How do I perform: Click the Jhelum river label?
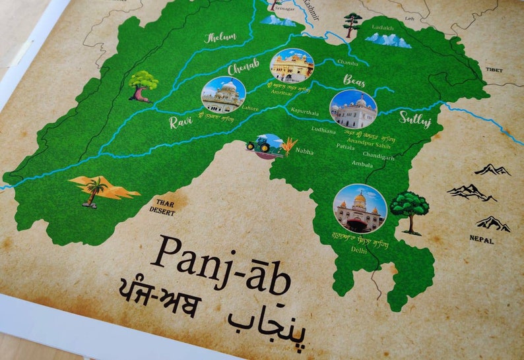coord(220,38)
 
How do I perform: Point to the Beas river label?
coord(354,80)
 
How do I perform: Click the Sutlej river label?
coord(415,118)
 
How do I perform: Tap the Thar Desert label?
coord(162,207)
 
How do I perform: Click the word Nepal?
coord(481,241)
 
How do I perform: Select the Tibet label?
coord(494,70)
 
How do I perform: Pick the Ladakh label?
coord(382,28)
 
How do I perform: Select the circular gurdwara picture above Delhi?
coord(360,208)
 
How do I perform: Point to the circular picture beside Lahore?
coord(223,95)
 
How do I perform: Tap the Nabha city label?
coord(304,152)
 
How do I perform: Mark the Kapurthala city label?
coord(304,113)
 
